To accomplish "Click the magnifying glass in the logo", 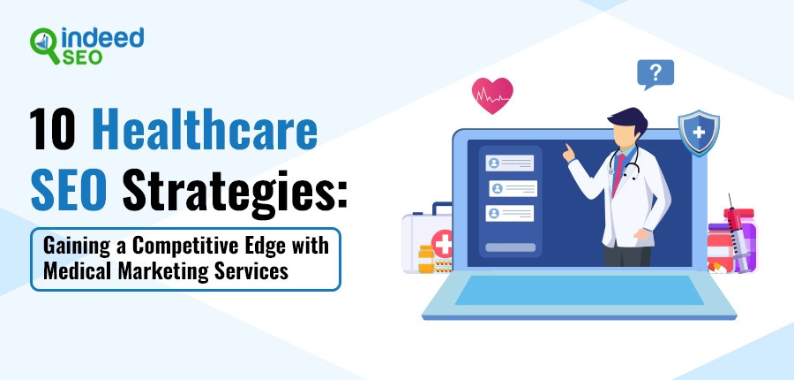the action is coord(44,45).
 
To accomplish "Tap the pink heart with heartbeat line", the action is coord(492,95).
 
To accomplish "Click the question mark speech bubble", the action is coord(655,74).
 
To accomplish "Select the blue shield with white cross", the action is coord(699,133).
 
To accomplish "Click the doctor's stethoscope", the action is coord(625,162).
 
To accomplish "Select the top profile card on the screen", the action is coord(509,163).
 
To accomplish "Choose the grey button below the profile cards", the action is coord(511,247).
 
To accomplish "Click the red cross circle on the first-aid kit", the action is coord(442,243).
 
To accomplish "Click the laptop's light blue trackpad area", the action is coord(580,290).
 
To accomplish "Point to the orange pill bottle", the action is coord(426,259).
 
